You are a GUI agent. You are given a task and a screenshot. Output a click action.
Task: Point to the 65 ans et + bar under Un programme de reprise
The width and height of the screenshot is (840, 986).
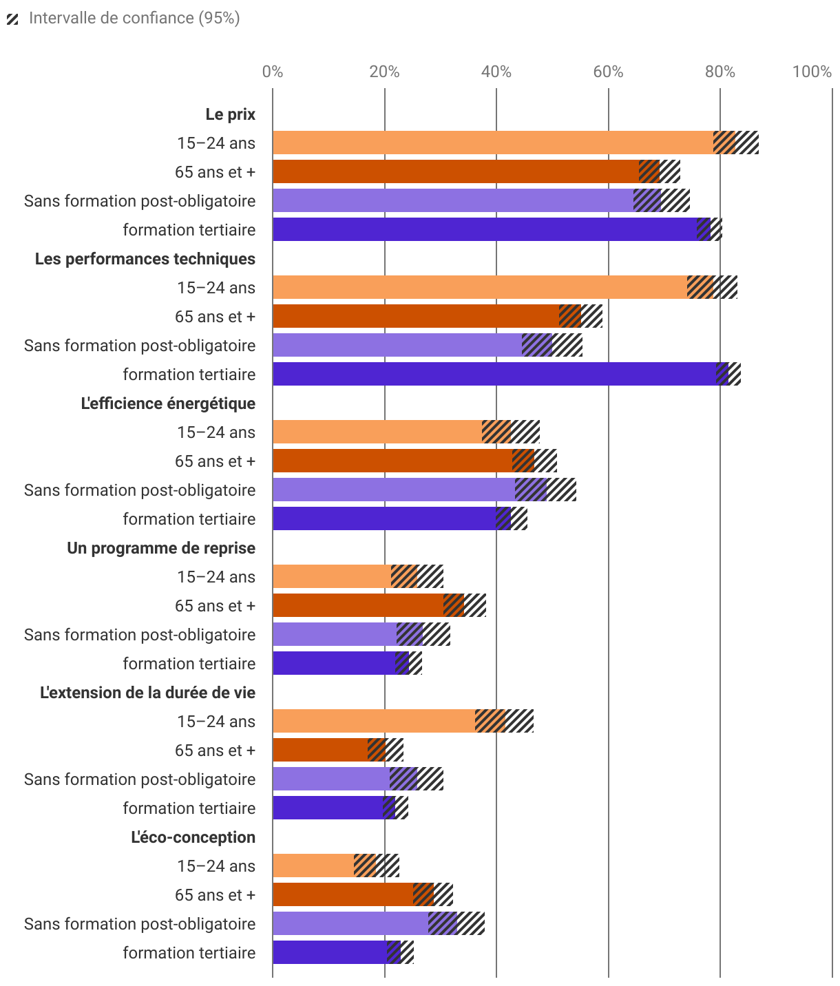(358, 605)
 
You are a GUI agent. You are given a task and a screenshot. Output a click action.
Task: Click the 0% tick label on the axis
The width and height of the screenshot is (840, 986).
(273, 72)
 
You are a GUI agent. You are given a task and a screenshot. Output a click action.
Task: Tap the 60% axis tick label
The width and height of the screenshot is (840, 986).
(608, 72)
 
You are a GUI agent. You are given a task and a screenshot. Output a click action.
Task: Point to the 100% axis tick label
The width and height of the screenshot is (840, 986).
(812, 72)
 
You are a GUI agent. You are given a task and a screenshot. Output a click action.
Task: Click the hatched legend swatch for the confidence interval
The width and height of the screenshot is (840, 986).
(12, 19)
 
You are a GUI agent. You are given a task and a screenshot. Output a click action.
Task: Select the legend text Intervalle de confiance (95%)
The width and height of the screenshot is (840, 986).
(134, 18)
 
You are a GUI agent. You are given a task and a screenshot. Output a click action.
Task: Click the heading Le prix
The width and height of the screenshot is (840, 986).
(230, 114)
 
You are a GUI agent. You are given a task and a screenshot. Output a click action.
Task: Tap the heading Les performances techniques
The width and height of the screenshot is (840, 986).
(145, 259)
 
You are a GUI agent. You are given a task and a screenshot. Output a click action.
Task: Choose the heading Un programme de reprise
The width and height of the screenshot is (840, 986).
(161, 548)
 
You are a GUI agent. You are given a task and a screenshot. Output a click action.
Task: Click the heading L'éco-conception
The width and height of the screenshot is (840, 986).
(193, 837)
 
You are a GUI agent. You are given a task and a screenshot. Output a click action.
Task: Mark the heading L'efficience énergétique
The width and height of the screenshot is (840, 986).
(168, 403)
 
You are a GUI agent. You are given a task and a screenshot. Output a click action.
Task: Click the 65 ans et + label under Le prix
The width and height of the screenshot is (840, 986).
(215, 172)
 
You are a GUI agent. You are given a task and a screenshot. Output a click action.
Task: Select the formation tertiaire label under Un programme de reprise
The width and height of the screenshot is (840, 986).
(189, 664)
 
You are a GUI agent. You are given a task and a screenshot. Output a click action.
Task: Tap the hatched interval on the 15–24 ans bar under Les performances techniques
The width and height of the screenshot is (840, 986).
(712, 287)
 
